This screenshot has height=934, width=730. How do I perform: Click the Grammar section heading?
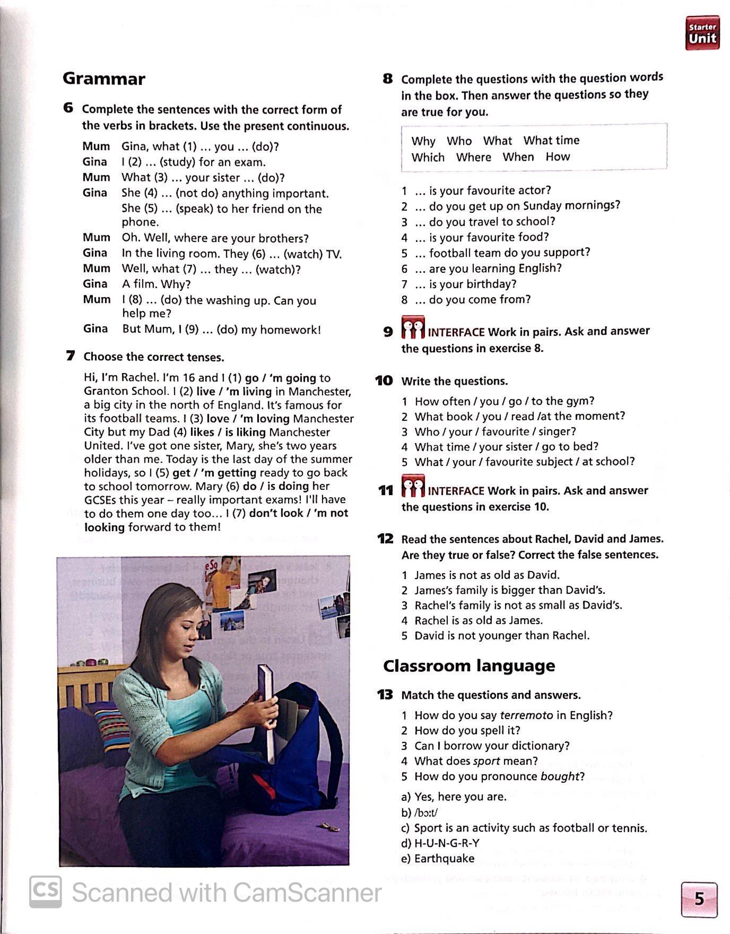104,79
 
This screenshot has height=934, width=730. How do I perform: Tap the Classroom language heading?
469,665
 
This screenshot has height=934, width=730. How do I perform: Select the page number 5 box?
699,899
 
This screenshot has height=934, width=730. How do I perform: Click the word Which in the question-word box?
428,157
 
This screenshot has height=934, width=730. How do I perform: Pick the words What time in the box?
551,141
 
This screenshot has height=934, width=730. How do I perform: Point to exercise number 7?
71,356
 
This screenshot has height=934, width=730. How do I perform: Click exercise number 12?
385,539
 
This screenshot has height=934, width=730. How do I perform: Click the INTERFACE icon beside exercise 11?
413,487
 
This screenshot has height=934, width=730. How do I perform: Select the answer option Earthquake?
444,858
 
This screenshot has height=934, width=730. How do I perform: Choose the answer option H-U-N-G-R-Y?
447,843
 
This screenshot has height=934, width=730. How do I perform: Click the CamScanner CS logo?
45,892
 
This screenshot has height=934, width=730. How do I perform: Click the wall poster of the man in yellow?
223,581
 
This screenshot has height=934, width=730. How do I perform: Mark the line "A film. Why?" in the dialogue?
156,284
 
